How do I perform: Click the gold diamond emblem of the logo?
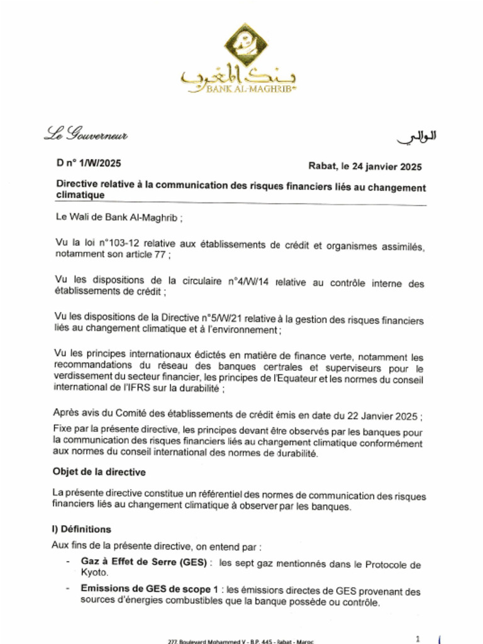246,45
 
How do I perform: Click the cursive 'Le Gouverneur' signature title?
86,134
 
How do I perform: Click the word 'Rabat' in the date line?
321,166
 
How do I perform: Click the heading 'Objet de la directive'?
99,472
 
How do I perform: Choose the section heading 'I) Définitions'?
81,530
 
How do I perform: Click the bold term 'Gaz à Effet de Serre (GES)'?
143,562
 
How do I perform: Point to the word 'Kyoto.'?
94,573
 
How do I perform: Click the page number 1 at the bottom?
418,638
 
